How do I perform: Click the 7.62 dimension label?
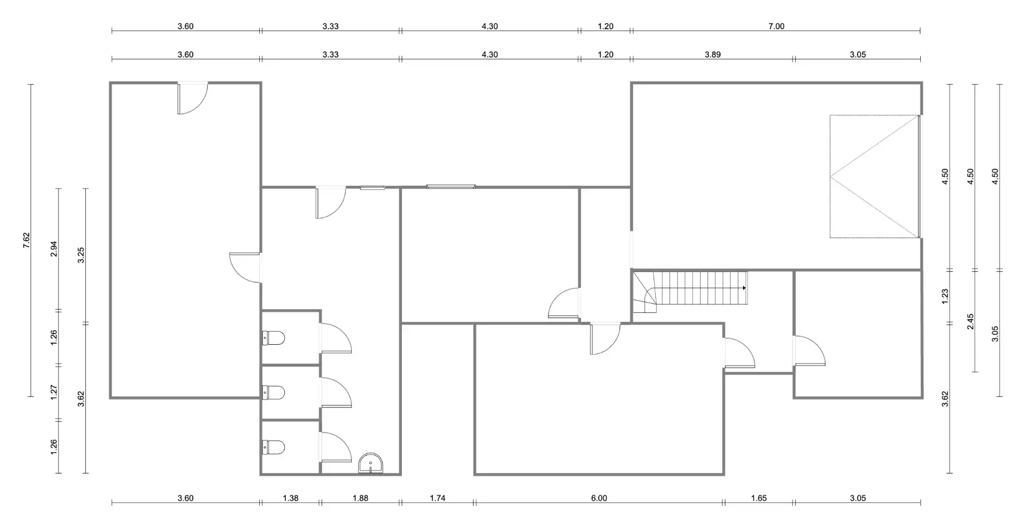pyautogui.click(x=27, y=240)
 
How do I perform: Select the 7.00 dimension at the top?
pyautogui.click(x=777, y=26)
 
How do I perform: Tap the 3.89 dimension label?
pyautogui.click(x=713, y=54)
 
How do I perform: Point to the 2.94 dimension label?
pyautogui.click(x=54, y=249)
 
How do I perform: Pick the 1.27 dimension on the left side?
pyautogui.click(x=54, y=393)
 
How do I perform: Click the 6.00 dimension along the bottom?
pyautogui.click(x=599, y=498)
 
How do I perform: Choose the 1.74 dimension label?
pyautogui.click(x=438, y=498)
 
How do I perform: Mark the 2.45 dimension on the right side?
pyautogui.click(x=970, y=321)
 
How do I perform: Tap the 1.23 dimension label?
pyautogui.click(x=945, y=296)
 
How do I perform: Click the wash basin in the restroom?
pyautogui.click(x=370, y=463)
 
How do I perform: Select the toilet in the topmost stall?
pyautogui.click(x=274, y=338)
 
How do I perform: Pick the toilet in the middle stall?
pyautogui.click(x=274, y=393)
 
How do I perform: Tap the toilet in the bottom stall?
pyautogui.click(x=274, y=447)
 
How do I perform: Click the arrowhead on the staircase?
pyautogui.click(x=745, y=288)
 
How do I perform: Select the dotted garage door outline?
pyautogui.click(x=875, y=176)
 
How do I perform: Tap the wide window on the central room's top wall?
pyautogui.click(x=451, y=187)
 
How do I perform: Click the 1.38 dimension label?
pyautogui.click(x=291, y=498)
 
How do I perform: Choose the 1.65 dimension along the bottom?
pyautogui.click(x=759, y=498)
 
